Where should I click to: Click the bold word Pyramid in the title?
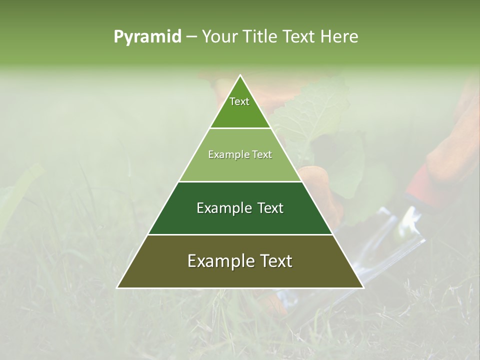tap(147, 36)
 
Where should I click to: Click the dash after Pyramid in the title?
tap(191, 37)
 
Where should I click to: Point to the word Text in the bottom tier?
tap(273, 261)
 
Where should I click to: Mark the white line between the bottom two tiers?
tap(240, 234)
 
